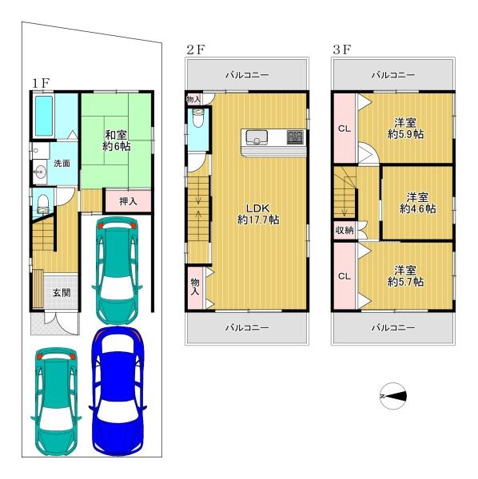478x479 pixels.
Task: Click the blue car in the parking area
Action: click(118, 391)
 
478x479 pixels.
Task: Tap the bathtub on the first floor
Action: click(44, 116)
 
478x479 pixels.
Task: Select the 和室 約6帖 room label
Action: click(116, 141)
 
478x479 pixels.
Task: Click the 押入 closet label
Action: click(128, 201)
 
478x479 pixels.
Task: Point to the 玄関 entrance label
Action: click(62, 293)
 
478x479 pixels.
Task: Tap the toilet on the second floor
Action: click(198, 118)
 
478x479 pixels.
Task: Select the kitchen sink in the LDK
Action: click(257, 137)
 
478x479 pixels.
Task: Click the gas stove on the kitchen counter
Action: click(296, 137)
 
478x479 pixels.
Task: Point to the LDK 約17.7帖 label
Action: click(258, 214)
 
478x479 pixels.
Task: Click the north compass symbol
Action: click(393, 396)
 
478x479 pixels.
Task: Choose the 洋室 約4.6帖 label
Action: click(418, 203)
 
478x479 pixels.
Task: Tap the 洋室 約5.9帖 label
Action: click(405, 129)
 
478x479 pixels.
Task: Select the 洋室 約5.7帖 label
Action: click(405, 276)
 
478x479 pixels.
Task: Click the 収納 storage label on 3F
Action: click(345, 230)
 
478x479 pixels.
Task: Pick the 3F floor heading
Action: click(342, 49)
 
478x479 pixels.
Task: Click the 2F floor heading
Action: click(196, 49)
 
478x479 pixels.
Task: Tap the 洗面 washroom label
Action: click(62, 164)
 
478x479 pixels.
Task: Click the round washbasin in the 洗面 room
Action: click(40, 172)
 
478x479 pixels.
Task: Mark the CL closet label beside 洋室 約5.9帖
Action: click(345, 129)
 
